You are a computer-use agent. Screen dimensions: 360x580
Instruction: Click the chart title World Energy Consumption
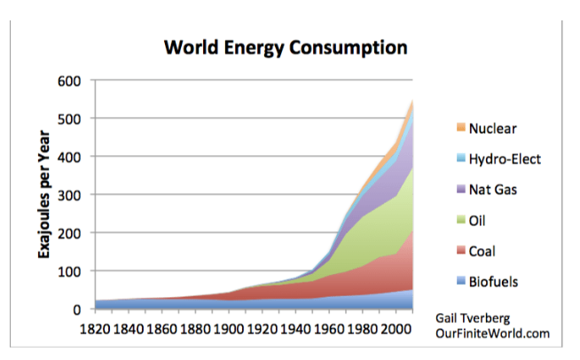[x=285, y=48]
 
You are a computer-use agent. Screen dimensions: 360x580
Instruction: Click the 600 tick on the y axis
[x=70, y=81]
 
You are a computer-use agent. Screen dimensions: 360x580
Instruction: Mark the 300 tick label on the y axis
[x=70, y=195]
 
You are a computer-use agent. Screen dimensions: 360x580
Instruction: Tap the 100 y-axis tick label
[x=70, y=271]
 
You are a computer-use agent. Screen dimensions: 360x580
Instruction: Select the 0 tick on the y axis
[x=76, y=309]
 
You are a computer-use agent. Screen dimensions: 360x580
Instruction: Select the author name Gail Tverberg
[x=475, y=317]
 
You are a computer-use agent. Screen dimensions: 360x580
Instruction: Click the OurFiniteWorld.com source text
[x=493, y=333]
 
